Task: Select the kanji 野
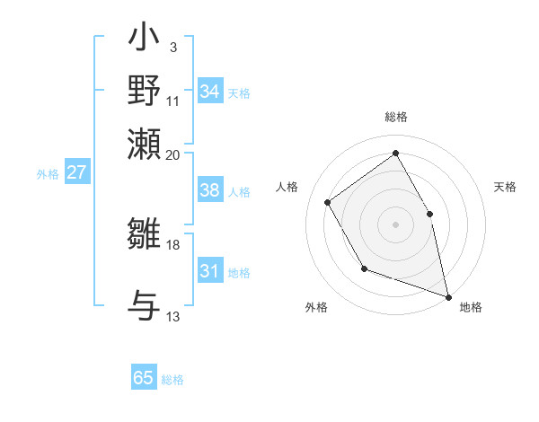144,91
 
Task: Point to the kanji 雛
144,236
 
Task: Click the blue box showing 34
210,91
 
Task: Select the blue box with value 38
210,190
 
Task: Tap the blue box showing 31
210,271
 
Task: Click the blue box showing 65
144,378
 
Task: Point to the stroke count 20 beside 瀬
173,154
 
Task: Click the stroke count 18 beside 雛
173,244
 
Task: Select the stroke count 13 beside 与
173,316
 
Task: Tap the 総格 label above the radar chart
395,118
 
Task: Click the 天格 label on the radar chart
505,187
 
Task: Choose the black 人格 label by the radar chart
287,187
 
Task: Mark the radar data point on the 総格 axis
395,154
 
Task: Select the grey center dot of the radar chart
395,224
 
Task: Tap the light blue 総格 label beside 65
172,380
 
